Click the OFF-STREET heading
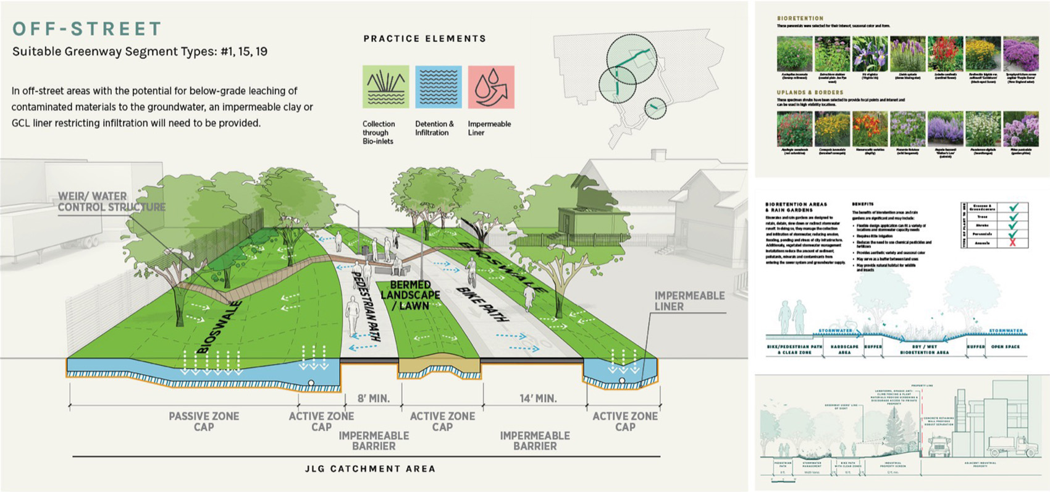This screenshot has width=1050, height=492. coord(87,29)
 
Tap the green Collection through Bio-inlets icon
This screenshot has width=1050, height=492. coord(385,87)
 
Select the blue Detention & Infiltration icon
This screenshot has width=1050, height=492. coord(438,87)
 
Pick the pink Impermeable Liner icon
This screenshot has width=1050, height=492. coord(491,87)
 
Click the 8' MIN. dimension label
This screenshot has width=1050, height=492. coord(374,399)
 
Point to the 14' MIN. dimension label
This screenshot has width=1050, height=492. coord(538,399)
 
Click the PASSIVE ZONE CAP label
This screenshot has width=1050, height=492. coord(204,422)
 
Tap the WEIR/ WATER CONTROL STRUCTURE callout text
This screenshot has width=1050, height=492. coord(111,201)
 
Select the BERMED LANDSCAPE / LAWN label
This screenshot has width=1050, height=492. coord(410,295)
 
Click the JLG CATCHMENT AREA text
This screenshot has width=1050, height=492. coord(370,469)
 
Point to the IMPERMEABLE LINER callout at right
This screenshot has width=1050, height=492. coord(689,301)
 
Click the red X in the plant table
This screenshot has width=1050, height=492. coord(1013,243)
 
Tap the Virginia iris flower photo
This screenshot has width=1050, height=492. coord(870,54)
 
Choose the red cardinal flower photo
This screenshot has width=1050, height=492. coord(945,54)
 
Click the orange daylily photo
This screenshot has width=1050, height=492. coord(870,129)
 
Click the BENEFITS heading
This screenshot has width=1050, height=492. coord(863,203)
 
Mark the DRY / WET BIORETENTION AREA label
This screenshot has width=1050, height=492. coord(924,349)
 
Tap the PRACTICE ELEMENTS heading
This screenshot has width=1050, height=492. coord(425,38)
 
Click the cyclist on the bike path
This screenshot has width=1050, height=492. coord(471,272)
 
